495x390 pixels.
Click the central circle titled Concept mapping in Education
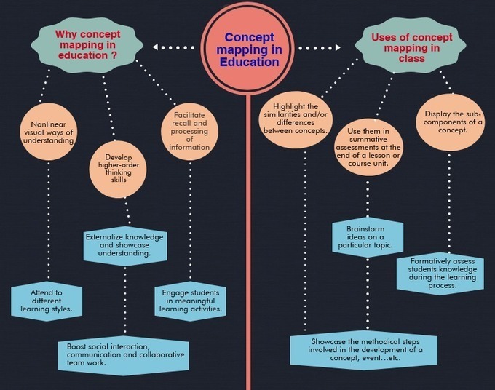click(248, 49)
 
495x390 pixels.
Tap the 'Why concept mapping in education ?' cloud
click(87, 45)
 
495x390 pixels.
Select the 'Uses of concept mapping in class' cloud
click(411, 47)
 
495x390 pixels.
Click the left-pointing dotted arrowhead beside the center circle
click(155, 47)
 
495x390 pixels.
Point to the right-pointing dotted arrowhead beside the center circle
click(338, 47)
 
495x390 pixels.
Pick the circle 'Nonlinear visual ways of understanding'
click(48, 132)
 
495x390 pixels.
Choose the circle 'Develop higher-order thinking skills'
click(118, 169)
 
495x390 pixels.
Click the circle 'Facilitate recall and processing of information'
click(189, 131)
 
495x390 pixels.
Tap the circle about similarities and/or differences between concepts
click(296, 119)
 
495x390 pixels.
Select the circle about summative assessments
click(368, 148)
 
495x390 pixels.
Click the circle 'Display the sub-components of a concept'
click(450, 122)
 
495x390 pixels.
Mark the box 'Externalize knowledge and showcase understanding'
click(125, 245)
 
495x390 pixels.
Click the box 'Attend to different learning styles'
click(47, 301)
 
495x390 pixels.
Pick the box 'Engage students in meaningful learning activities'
click(191, 301)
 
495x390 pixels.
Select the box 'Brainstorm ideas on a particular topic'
click(368, 237)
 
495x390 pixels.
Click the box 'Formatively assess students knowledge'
click(440, 274)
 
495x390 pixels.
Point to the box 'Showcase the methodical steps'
click(364, 349)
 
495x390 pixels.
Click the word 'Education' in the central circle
click(250, 62)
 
